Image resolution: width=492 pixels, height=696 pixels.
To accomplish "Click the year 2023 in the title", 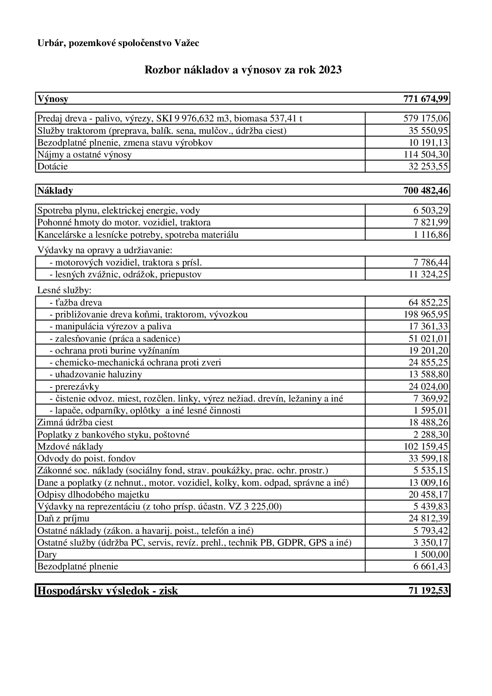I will click(x=329, y=70).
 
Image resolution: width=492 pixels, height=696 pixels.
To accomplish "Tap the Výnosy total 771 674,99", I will click(x=426, y=99).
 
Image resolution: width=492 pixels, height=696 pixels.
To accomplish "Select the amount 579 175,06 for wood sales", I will click(x=426, y=119).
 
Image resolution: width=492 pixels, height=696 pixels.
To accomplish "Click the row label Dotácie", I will click(x=52, y=166).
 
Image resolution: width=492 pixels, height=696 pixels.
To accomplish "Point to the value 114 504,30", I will click(x=426, y=154).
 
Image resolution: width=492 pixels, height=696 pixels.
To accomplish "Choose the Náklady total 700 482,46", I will click(x=426, y=191).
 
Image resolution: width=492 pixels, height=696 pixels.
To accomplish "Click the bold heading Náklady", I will click(x=55, y=191).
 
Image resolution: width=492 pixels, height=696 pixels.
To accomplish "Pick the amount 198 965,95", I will click(x=426, y=315).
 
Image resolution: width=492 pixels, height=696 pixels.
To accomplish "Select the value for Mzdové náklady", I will click(x=426, y=446).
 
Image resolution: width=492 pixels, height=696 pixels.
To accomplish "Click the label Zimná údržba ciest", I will click(x=75, y=423).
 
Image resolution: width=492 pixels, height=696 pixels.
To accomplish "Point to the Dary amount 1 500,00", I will click(x=430, y=554).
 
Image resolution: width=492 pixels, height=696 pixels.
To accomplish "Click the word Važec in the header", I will click(x=186, y=43).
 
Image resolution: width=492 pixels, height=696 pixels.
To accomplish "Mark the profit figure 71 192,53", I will click(x=428, y=590).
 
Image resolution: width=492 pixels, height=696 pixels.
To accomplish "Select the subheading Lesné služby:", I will click(x=64, y=290).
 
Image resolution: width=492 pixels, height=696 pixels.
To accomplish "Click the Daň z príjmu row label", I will click(x=63, y=518).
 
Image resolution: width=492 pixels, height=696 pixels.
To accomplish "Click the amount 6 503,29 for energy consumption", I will click(x=430, y=211).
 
